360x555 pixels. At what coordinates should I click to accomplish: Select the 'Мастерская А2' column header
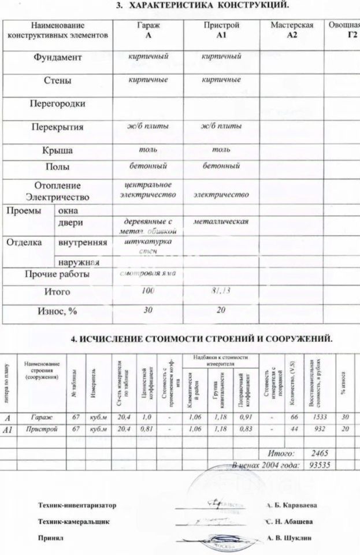(292, 30)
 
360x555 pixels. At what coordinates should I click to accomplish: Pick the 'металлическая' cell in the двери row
(221, 221)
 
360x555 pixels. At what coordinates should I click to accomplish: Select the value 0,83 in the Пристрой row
(245, 430)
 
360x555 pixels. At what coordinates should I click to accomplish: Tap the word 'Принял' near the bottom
(50, 537)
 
